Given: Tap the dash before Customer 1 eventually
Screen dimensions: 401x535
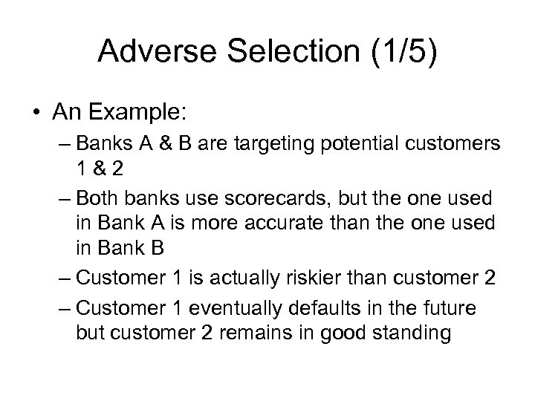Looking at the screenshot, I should (x=63, y=308).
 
